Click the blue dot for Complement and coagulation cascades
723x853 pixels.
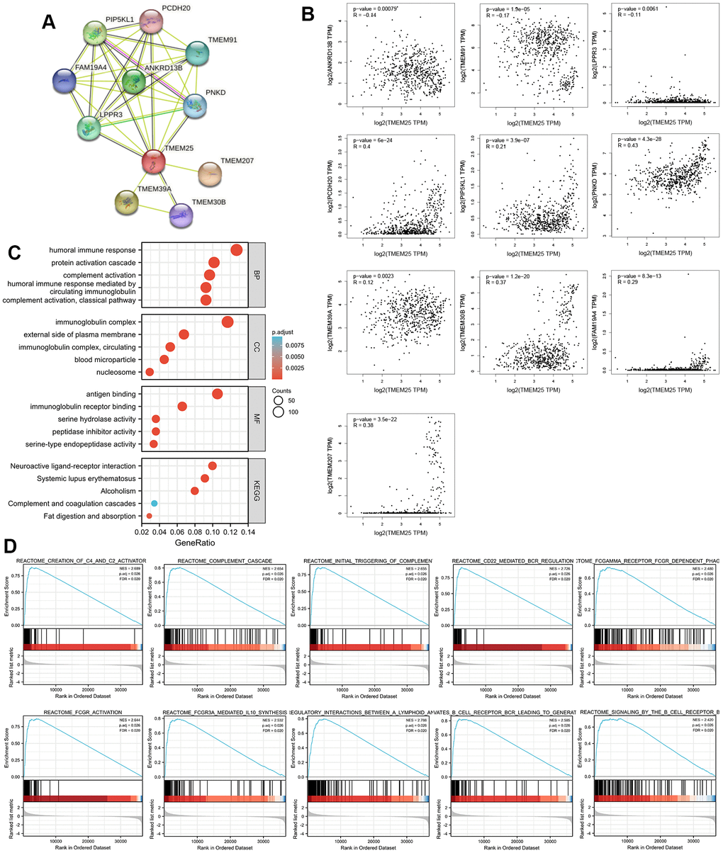(154, 503)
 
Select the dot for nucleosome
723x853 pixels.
(149, 372)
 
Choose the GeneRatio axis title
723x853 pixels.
(192, 545)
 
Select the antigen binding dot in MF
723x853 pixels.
(218, 394)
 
